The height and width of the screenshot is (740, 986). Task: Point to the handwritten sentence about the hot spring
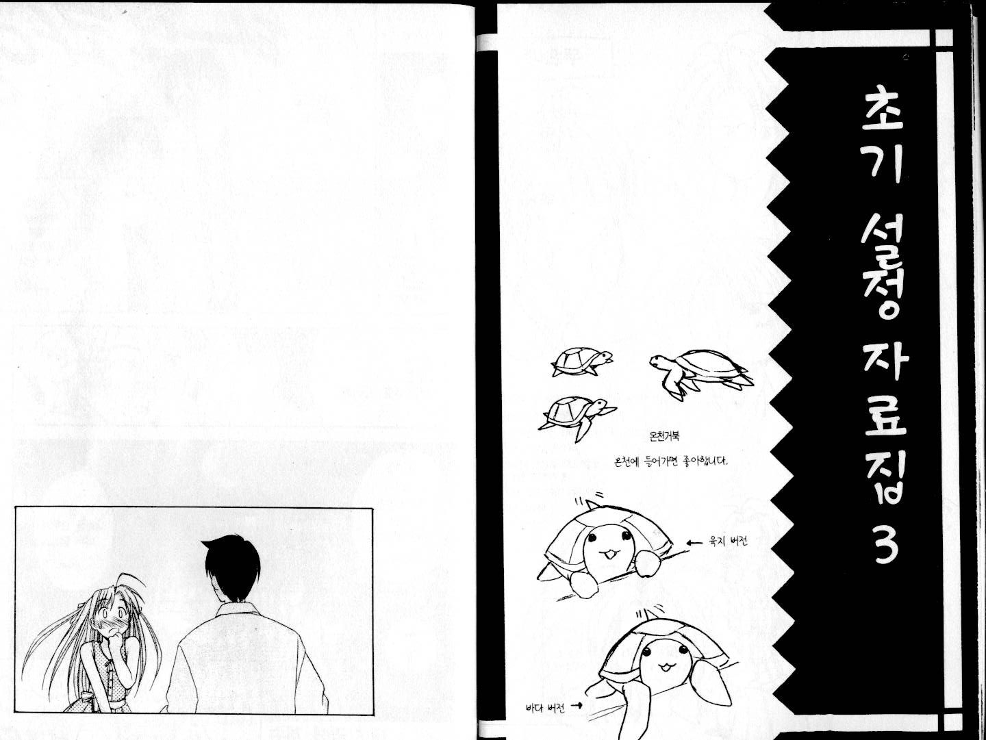click(670, 461)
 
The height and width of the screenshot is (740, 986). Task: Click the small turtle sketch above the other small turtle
click(582, 361)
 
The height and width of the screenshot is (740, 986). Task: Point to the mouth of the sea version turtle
click(664, 666)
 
